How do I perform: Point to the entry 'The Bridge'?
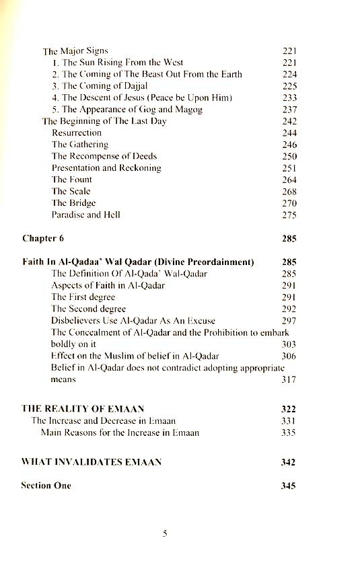(x=73, y=202)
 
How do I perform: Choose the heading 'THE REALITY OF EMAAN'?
(x=83, y=408)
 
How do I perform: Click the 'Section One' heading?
(x=46, y=485)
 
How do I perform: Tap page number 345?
(x=288, y=485)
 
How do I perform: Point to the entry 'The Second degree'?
(x=89, y=309)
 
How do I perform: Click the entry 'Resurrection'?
(x=77, y=133)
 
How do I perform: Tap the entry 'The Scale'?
(x=71, y=191)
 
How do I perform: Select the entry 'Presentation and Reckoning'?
(x=106, y=167)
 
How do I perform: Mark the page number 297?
(x=289, y=321)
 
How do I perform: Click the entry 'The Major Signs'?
(x=75, y=50)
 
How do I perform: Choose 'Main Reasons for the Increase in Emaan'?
(x=120, y=433)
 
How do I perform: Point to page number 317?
(x=289, y=380)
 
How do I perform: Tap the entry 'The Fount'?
(x=72, y=180)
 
